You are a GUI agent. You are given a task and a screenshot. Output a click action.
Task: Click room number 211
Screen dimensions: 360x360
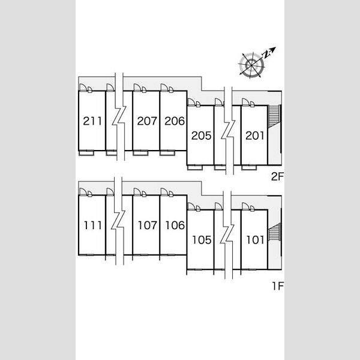coord(92,121)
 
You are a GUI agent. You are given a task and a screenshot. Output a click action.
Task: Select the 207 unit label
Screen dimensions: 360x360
coord(147,121)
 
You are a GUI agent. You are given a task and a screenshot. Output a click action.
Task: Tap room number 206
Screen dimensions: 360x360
coord(175,121)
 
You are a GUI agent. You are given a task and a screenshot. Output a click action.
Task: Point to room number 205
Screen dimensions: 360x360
coord(202,136)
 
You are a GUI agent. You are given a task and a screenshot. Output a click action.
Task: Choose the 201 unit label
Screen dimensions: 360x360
coord(255,136)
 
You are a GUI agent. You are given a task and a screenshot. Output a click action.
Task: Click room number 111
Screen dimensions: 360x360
coord(92,225)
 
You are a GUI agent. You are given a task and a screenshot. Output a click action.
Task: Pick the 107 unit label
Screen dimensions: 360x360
coord(148,225)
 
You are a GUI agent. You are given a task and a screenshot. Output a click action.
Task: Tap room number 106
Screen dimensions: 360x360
coord(175,225)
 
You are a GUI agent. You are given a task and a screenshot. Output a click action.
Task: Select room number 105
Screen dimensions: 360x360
coord(202,240)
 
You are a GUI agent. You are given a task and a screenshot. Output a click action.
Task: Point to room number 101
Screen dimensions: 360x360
coord(255,240)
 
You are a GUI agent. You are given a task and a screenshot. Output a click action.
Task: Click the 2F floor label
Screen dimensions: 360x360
coord(277,176)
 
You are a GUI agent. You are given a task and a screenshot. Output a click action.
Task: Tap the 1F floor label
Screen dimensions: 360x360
coord(278,286)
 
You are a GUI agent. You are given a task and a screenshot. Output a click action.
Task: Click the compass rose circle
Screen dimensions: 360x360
coord(251,65)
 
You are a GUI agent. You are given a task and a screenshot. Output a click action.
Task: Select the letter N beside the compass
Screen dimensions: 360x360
coord(266,55)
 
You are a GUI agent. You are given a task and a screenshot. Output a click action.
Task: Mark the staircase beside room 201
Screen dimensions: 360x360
coord(274,116)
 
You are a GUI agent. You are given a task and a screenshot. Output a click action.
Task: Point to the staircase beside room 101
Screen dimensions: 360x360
coord(274,232)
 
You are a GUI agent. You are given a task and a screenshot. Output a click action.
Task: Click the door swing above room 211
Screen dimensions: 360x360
coord(83,88)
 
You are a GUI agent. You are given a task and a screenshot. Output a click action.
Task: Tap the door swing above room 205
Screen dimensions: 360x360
coord(191,102)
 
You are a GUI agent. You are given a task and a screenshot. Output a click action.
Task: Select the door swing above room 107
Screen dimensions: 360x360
coord(137,192)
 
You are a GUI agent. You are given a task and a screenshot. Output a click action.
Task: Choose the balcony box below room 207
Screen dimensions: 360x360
coord(140,153)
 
